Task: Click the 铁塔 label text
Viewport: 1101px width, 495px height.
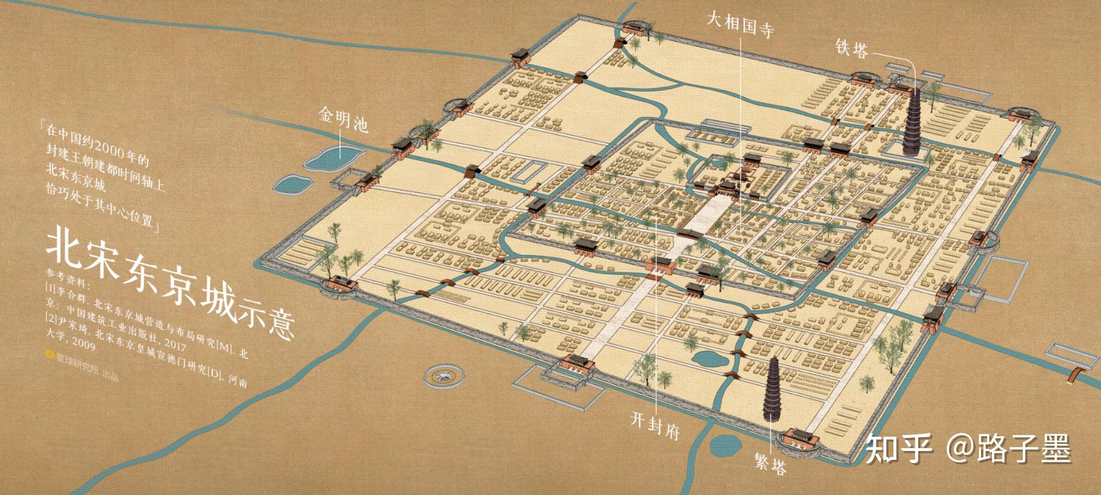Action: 852,48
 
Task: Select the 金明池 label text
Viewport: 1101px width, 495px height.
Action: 342,119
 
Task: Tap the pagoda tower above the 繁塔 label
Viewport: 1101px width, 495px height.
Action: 774,389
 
